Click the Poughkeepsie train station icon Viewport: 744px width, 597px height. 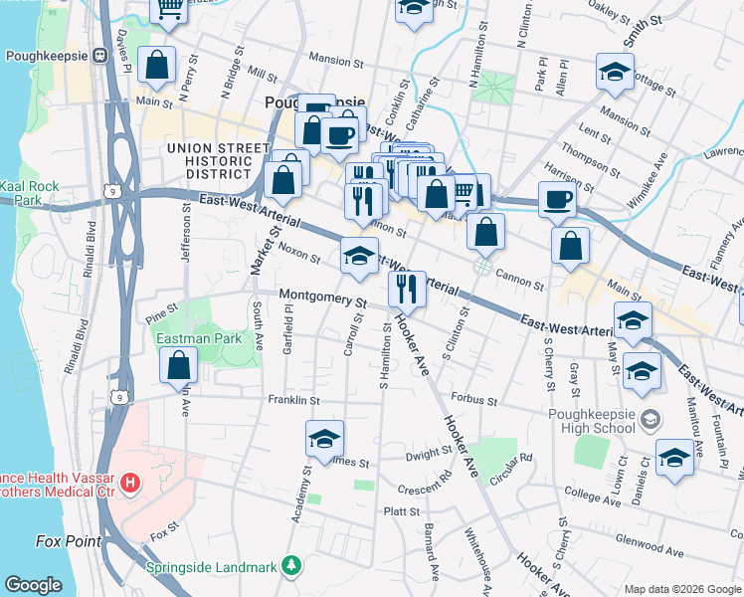99,56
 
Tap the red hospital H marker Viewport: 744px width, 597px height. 129,485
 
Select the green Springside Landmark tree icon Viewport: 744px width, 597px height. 290,567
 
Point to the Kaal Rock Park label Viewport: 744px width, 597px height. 30,193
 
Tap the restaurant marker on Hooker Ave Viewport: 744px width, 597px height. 407,289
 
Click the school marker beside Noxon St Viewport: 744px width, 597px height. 359,256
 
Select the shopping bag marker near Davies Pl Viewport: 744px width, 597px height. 157,65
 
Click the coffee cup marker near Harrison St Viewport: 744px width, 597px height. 557,199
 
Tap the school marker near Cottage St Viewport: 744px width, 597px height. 615,72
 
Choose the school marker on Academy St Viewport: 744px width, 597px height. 324,438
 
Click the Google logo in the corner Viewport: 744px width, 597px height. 34,585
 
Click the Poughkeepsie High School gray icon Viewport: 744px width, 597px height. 650,419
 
